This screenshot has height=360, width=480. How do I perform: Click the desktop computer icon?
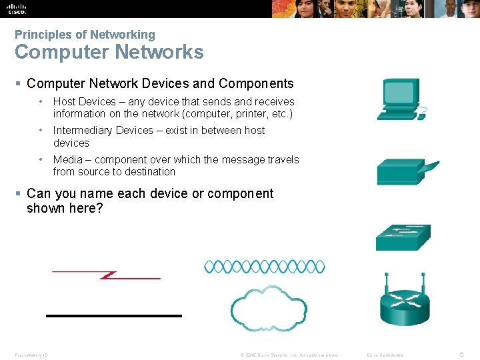(397, 99)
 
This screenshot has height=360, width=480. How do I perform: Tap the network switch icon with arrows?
(403, 237)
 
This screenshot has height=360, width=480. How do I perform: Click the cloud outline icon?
(268, 306)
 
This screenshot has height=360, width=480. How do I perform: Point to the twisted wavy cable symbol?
(264, 267)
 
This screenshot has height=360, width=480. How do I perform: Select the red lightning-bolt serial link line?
(107, 275)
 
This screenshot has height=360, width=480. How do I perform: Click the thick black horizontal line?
(113, 315)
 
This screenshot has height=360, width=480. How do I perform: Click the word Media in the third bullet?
(67, 160)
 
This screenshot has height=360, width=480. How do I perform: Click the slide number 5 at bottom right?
(462, 355)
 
